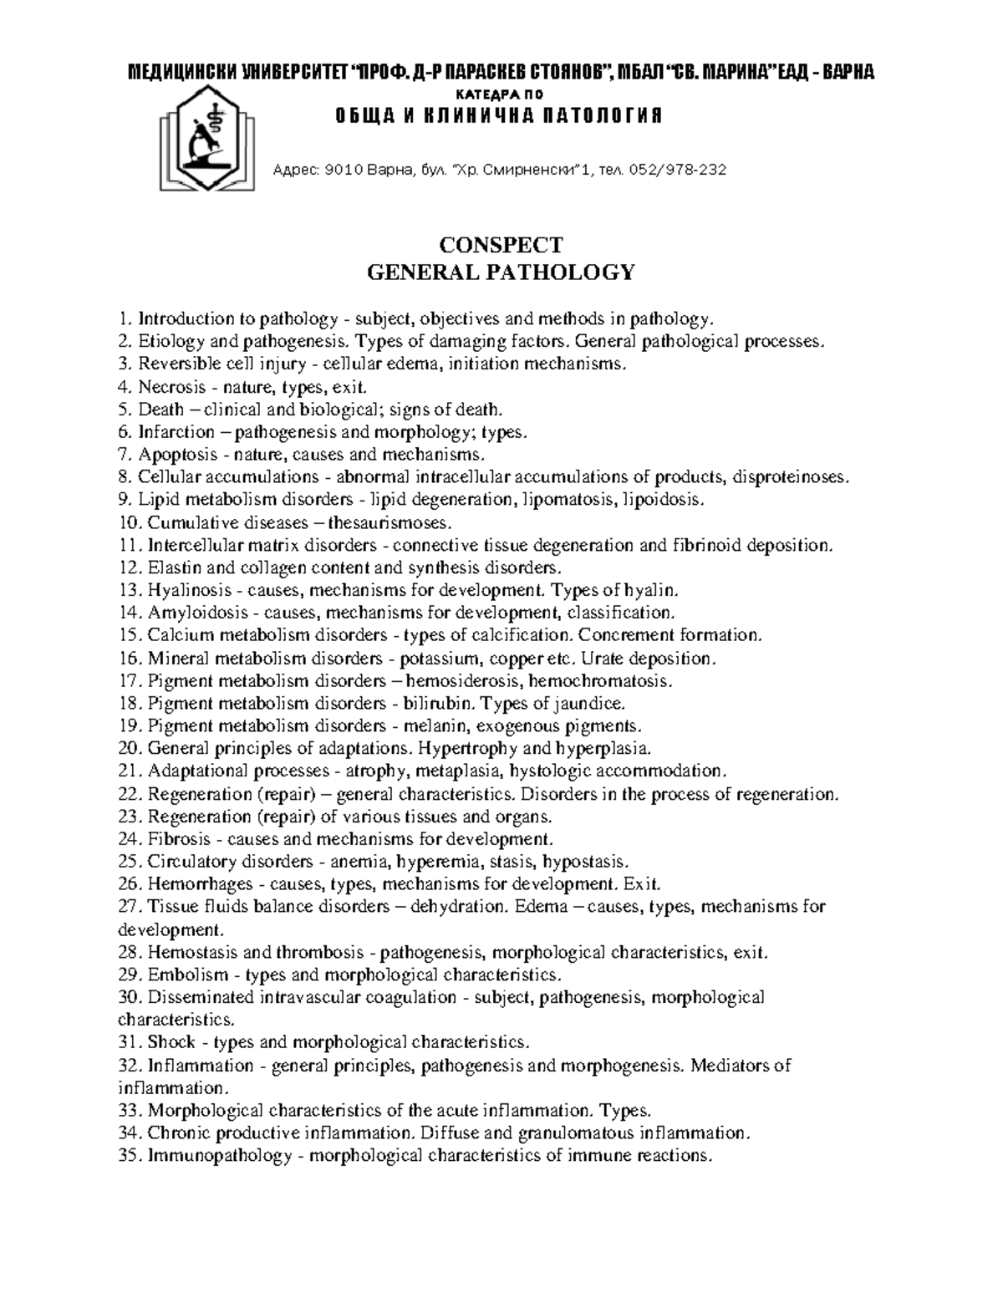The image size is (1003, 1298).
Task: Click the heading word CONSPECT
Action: (501, 245)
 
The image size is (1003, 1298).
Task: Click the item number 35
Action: (129, 1156)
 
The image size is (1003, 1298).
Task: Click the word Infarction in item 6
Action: (176, 432)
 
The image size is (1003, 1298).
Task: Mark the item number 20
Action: (129, 748)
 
